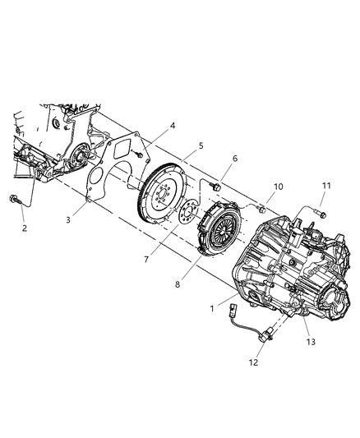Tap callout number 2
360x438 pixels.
tap(24, 228)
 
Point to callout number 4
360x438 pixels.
tap(172, 126)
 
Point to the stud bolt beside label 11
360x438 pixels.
tap(318, 215)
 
